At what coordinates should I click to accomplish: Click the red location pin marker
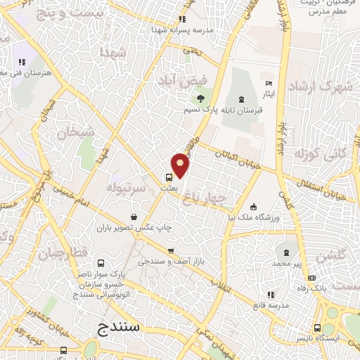click(181, 165)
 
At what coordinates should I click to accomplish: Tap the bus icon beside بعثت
click(169, 177)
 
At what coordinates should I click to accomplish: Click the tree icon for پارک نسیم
click(201, 98)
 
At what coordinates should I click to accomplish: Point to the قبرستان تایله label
click(239, 111)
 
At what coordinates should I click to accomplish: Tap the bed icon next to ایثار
click(267, 84)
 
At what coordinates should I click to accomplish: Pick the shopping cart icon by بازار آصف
click(170, 250)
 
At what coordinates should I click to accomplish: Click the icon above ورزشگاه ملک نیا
click(254, 207)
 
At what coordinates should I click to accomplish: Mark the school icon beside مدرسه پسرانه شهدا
click(183, 19)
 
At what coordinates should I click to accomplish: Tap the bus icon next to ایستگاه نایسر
click(317, 327)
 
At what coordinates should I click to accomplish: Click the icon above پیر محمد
click(286, 252)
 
